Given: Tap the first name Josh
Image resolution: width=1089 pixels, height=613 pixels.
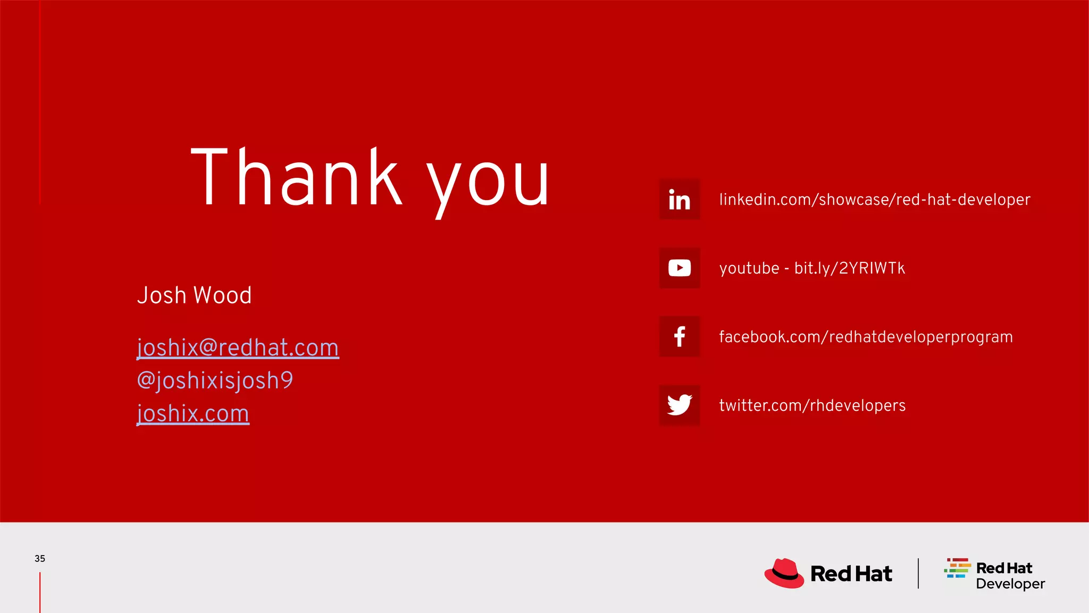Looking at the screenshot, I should click(162, 295).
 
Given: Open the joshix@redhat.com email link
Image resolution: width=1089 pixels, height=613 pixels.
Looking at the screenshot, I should click(238, 348).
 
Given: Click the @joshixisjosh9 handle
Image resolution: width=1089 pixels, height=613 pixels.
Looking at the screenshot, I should click(215, 381).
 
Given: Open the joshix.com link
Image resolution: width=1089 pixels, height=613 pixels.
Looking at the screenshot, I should click(193, 414).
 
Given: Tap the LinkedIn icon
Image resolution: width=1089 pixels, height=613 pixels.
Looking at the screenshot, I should click(680, 200).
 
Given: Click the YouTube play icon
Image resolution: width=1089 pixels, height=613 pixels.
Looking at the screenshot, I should click(680, 268).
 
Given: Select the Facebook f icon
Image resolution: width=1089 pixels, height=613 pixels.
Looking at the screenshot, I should click(680, 336).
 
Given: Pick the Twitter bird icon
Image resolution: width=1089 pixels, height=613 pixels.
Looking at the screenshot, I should click(680, 405).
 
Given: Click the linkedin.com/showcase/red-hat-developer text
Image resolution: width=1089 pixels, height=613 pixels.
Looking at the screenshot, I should click(875, 200).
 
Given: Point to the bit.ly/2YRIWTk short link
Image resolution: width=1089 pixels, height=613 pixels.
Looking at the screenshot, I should click(849, 268).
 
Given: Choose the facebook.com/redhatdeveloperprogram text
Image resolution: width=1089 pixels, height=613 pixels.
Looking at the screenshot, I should click(866, 337).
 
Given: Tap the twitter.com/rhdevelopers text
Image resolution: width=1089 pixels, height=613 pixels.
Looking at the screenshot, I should click(812, 405).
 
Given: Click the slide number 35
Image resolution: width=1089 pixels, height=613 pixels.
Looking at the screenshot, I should click(40, 559).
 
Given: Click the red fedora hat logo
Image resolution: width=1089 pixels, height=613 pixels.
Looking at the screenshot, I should click(784, 573).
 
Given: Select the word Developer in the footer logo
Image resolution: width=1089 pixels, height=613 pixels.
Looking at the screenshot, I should click(1010, 584).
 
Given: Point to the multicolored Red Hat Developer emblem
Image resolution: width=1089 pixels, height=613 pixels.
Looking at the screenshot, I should click(957, 568).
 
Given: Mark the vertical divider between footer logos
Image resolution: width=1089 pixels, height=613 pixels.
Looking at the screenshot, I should click(918, 573).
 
